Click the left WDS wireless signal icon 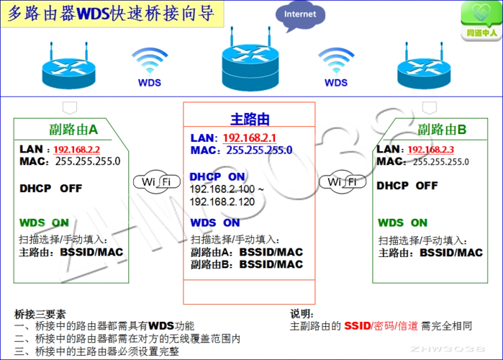[150, 65]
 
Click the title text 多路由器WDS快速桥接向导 [112, 15]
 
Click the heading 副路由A [73, 130]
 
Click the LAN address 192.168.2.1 [250, 138]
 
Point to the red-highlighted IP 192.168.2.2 [77, 149]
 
